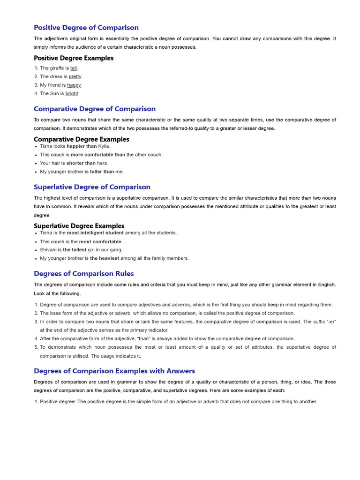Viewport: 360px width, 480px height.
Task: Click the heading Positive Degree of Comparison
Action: (86, 28)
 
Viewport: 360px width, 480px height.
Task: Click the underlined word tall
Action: (74, 68)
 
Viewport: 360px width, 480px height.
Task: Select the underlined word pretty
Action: (75, 76)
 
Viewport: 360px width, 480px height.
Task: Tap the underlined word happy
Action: (74, 85)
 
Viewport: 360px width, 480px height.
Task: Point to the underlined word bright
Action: (72, 93)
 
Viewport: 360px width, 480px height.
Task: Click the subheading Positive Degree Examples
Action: (74, 58)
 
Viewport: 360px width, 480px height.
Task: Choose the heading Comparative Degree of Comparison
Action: (95, 109)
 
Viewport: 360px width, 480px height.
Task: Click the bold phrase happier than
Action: (82, 146)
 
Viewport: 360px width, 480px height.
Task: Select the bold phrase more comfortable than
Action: (98, 155)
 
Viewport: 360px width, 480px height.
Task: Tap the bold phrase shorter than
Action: (81, 163)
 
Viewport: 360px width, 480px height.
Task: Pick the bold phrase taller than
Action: (102, 172)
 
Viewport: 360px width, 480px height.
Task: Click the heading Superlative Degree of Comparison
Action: (92, 187)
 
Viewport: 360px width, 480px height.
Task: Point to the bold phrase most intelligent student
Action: (95, 232)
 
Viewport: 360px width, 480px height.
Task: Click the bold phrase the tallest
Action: (75, 250)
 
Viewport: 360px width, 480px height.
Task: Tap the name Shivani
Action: (48, 250)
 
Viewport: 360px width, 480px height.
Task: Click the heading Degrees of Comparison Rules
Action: (84, 273)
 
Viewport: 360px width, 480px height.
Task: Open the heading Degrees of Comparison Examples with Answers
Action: (115, 371)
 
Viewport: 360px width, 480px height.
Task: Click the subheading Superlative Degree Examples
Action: (79, 226)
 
